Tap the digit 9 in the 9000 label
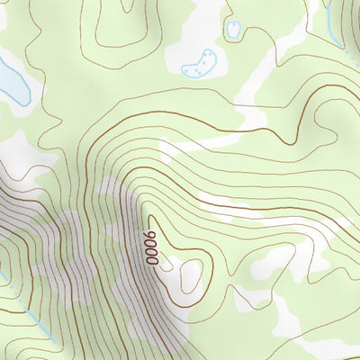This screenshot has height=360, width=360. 151,237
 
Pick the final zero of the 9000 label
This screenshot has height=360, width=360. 152,260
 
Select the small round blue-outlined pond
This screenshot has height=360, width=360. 234,29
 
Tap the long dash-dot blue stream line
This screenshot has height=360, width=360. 27,310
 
